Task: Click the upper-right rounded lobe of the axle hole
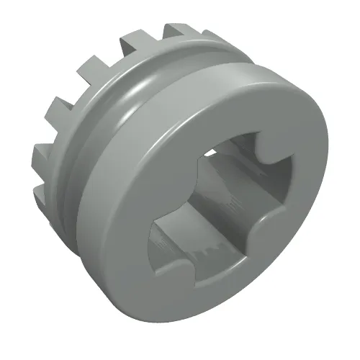point(269,148)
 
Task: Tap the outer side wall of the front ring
point(130,223)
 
